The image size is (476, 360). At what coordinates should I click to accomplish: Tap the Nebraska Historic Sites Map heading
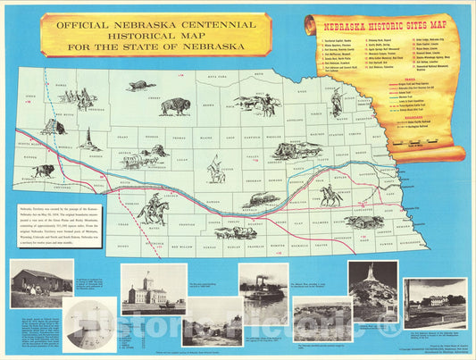tap(389, 28)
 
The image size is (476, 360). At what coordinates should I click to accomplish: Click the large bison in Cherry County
tap(175, 106)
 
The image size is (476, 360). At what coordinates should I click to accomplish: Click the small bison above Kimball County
tap(43, 170)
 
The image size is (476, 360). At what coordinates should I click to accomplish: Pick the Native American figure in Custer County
tap(215, 168)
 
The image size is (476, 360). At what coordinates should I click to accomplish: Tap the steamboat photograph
tap(263, 289)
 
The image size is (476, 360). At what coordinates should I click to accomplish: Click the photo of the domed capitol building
tap(153, 289)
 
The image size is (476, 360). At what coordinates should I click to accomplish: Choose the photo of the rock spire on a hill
tap(372, 288)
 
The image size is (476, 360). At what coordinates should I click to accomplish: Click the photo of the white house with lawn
tap(435, 300)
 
